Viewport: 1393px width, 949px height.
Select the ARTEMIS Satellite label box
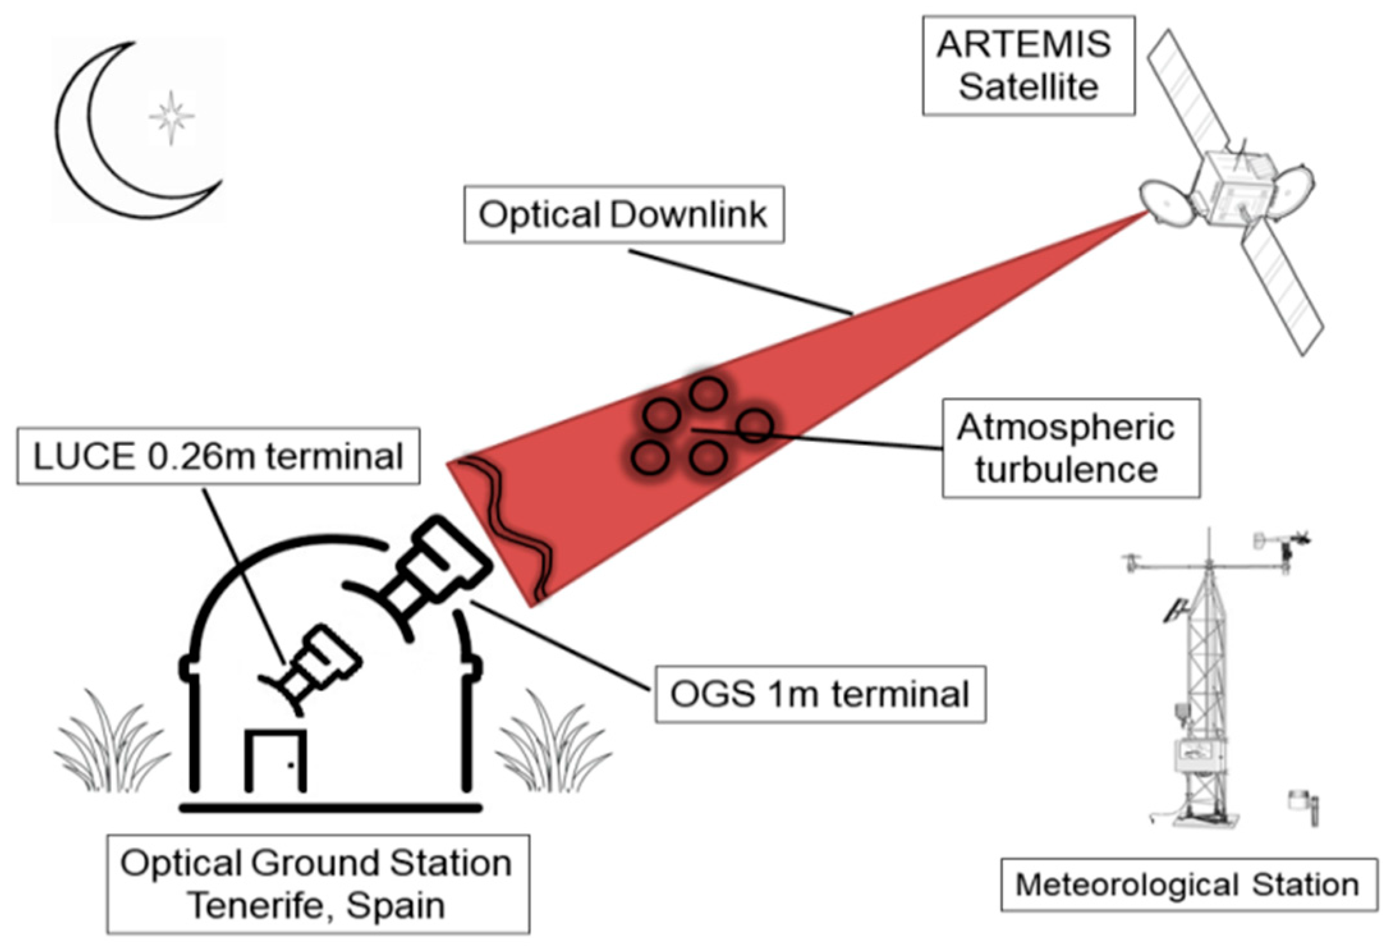(x=1028, y=65)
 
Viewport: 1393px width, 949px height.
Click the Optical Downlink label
(x=623, y=215)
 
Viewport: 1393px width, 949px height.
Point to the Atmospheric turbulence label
(x=1070, y=448)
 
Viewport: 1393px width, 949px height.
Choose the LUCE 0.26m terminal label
(x=218, y=457)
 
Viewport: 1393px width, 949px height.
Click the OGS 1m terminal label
(x=820, y=694)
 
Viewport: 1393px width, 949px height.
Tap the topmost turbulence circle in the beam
(x=708, y=394)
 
